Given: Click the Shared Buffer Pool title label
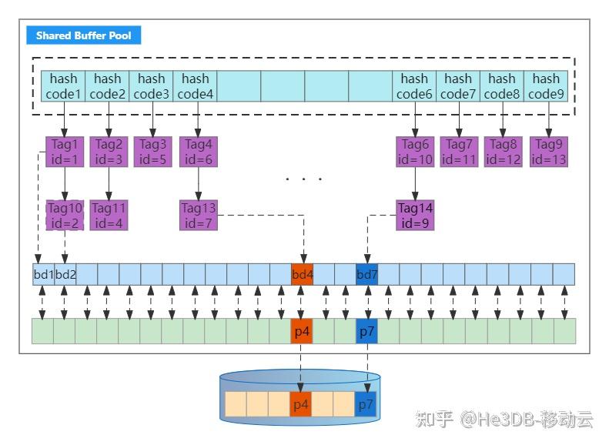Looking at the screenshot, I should coord(84,35).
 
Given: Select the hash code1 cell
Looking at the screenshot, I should coord(64,86).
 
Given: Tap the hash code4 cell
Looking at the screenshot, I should coord(196,86).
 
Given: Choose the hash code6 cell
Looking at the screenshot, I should coord(414,86).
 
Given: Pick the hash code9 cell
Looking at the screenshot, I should coord(546,86).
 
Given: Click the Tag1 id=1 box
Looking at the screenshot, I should coord(64,152).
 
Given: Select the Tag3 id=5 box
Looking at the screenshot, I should coord(152,152).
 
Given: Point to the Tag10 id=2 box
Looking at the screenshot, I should coord(64,215).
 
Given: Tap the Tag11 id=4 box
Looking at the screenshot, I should coord(109,215).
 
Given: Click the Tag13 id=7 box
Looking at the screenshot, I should coord(198,215).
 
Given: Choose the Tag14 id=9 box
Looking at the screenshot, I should coord(415,215).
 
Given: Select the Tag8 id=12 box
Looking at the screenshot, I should coord(503,152).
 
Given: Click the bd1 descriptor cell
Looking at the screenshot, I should coord(44,274).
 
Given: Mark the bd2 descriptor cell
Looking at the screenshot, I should coord(65,274).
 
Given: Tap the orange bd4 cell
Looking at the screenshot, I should coord(303,274).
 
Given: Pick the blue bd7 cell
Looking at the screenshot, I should coord(367,274).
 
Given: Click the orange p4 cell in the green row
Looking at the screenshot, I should coord(302,331).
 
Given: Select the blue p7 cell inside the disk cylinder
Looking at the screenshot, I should coord(366,404).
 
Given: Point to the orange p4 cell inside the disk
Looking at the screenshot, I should coord(300,404).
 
